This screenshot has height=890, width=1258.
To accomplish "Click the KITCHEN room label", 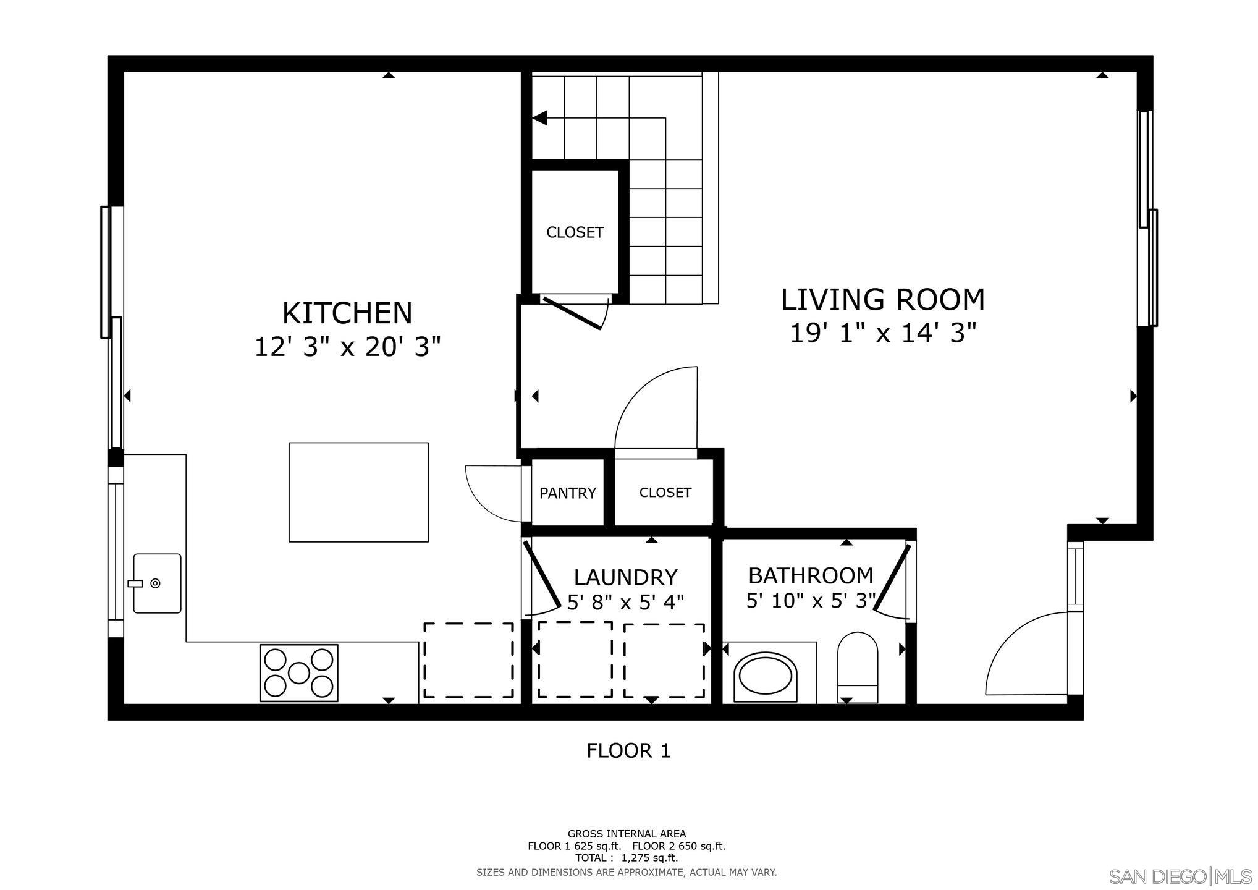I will (347, 313).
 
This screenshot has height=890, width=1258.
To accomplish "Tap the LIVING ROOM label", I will (882, 300).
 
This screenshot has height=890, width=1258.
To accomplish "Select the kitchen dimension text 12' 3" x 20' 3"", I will (347, 347).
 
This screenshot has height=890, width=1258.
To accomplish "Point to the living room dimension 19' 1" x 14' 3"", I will (882, 334).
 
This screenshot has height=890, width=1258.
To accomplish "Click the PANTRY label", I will (567, 493).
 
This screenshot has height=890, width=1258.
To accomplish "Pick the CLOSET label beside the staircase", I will (575, 232).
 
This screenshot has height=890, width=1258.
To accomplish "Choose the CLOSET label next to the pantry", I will (665, 493).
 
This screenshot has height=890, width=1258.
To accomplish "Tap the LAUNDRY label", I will (625, 577).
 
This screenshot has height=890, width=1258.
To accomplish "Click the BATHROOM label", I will (811, 575).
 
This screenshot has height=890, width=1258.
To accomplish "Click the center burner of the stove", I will (299, 673).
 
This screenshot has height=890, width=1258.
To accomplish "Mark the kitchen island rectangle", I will (358, 493).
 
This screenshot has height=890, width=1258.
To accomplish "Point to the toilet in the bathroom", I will (858, 667).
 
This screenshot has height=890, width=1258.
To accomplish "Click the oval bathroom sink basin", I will (765, 677).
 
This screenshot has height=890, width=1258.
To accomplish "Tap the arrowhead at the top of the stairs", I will (540, 117).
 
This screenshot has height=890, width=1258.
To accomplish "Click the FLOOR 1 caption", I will (628, 751).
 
